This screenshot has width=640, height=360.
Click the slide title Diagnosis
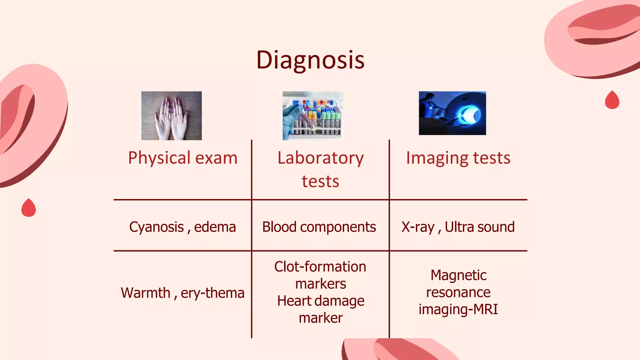(310, 60)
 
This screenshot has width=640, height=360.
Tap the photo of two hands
(171, 116)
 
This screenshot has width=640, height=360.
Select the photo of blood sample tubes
(313, 116)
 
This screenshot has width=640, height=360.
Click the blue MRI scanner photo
(452, 113)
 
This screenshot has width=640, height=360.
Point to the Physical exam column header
(183, 158)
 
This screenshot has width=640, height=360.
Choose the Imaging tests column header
(458, 158)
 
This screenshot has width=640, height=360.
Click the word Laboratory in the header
(321, 158)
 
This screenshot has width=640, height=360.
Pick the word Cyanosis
(157, 227)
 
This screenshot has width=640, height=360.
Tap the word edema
(215, 227)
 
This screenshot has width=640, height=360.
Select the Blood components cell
(319, 227)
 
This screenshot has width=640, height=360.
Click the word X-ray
(418, 227)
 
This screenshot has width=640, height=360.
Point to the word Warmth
(145, 293)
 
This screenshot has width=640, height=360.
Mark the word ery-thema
(212, 293)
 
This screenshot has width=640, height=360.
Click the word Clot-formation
(320, 267)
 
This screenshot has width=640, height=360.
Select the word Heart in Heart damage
(292, 301)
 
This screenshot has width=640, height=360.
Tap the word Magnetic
(458, 275)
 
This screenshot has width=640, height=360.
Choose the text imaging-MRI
(458, 309)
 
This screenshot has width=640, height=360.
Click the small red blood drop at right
(612, 100)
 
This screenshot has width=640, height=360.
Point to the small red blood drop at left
(28, 208)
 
